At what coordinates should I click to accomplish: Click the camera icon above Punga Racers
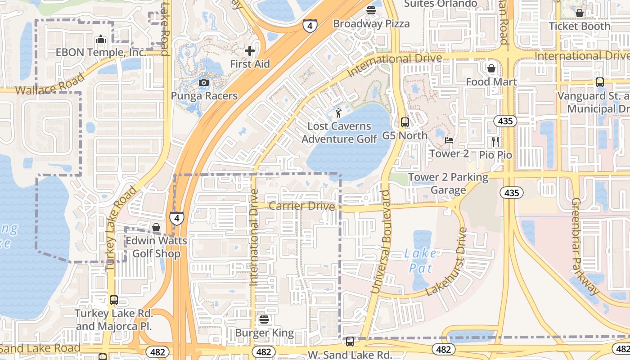tap(204, 82)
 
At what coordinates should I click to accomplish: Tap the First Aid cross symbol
tap(250, 51)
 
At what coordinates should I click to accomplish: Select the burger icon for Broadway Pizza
tap(371, 10)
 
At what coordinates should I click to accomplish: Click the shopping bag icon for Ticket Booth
tap(580, 13)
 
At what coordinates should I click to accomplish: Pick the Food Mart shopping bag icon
tap(491, 68)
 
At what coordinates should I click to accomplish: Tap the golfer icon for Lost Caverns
tap(338, 113)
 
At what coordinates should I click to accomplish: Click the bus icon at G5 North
tap(405, 122)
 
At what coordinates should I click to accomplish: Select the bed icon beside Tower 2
tap(449, 140)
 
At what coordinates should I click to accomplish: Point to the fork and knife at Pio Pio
tap(495, 142)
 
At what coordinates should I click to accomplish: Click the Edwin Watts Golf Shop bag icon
tap(156, 227)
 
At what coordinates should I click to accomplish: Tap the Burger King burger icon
tap(264, 320)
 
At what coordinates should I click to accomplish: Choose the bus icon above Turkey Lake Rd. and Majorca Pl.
tap(114, 300)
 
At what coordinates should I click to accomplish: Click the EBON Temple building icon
tap(101, 40)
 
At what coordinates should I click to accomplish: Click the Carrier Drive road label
tap(302, 206)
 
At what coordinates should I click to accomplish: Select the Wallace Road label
tap(49, 84)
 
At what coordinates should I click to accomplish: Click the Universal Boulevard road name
tap(380, 243)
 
